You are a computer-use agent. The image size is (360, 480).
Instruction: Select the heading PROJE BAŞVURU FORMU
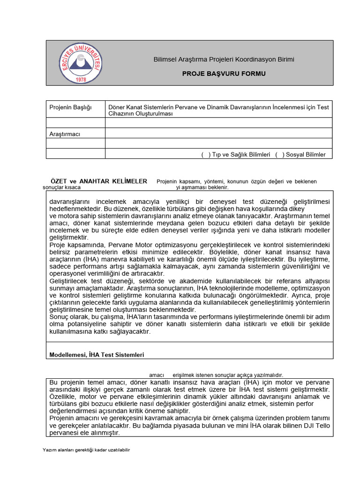pos(223,74)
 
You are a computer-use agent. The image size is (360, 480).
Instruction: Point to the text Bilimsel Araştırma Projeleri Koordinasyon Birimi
pos(224,60)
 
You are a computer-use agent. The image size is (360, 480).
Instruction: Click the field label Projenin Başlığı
pos(70,108)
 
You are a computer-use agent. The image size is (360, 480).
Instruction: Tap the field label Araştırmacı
pos(65,134)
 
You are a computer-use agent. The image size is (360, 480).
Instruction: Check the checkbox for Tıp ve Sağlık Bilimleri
pos(206,154)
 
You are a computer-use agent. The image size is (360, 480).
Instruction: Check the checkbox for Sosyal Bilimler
pos(280,154)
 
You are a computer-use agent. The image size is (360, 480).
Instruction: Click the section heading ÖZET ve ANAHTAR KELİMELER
pos(99,181)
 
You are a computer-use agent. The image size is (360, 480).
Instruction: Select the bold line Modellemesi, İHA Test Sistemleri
pos(97,355)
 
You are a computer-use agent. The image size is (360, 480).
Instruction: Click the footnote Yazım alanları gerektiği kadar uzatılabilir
pos(86,450)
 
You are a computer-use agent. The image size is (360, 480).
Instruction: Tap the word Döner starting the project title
pos(117,107)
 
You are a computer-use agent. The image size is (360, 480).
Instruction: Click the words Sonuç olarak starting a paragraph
pos(67,316)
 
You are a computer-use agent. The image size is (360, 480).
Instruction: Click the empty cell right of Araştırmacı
pos(218,134)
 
